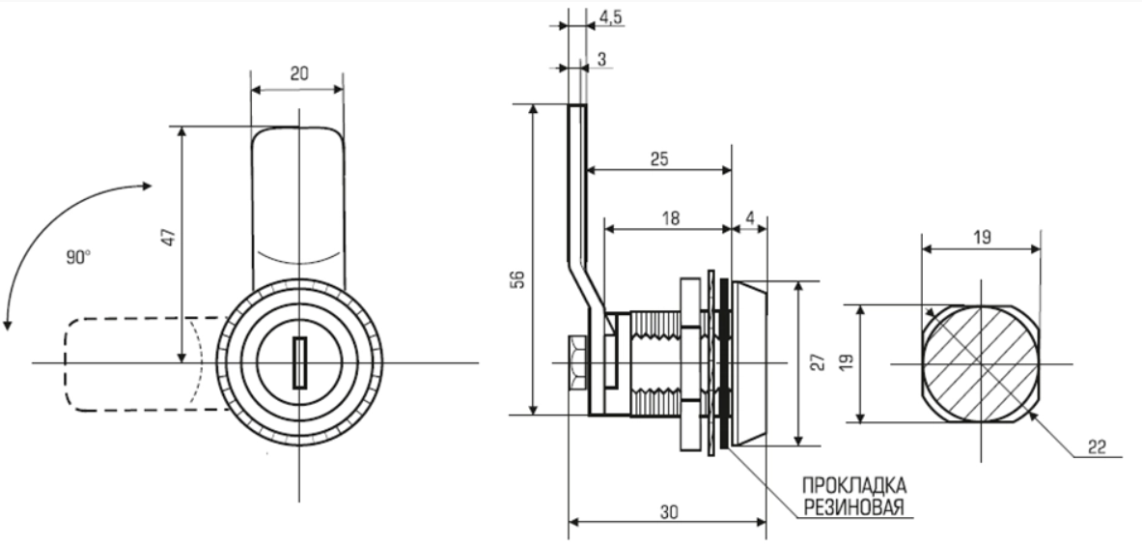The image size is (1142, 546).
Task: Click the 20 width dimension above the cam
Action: coord(297,74)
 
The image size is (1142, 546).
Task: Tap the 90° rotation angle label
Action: coord(79,258)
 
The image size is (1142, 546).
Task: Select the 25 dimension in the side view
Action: coord(659,158)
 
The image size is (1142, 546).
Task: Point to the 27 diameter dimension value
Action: coord(817,362)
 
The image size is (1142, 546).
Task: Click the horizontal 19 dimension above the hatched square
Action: coord(982,237)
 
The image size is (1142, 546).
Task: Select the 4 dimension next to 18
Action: coord(750,218)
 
